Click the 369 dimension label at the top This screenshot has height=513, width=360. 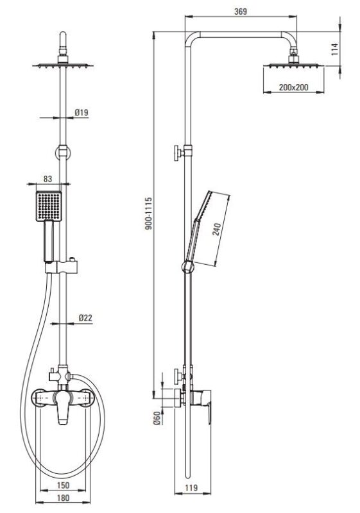coord(241,12)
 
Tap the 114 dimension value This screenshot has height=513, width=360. coord(335,49)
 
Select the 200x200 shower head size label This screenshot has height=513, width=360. coord(293,87)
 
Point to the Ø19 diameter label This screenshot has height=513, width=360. coord(81,113)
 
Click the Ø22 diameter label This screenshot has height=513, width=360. coord(85,317)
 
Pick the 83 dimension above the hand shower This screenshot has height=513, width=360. coord(47,179)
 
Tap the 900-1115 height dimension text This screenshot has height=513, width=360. coord(149,214)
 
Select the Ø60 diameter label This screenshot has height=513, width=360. coord(157,418)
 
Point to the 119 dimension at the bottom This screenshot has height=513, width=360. coord(191,488)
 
